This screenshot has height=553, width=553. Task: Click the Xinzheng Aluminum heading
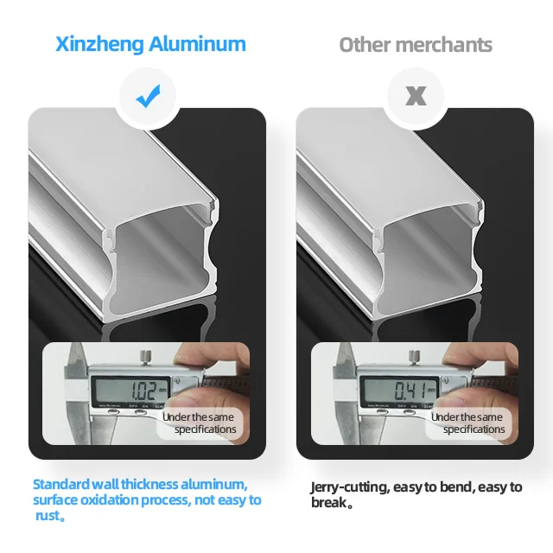click(x=150, y=44)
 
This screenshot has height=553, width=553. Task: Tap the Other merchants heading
click(x=416, y=45)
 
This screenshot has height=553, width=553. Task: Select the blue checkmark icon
click(x=149, y=97)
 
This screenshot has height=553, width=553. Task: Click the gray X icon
click(x=416, y=97)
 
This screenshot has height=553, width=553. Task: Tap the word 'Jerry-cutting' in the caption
click(x=349, y=487)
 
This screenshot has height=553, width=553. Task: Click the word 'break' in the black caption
click(x=328, y=503)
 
